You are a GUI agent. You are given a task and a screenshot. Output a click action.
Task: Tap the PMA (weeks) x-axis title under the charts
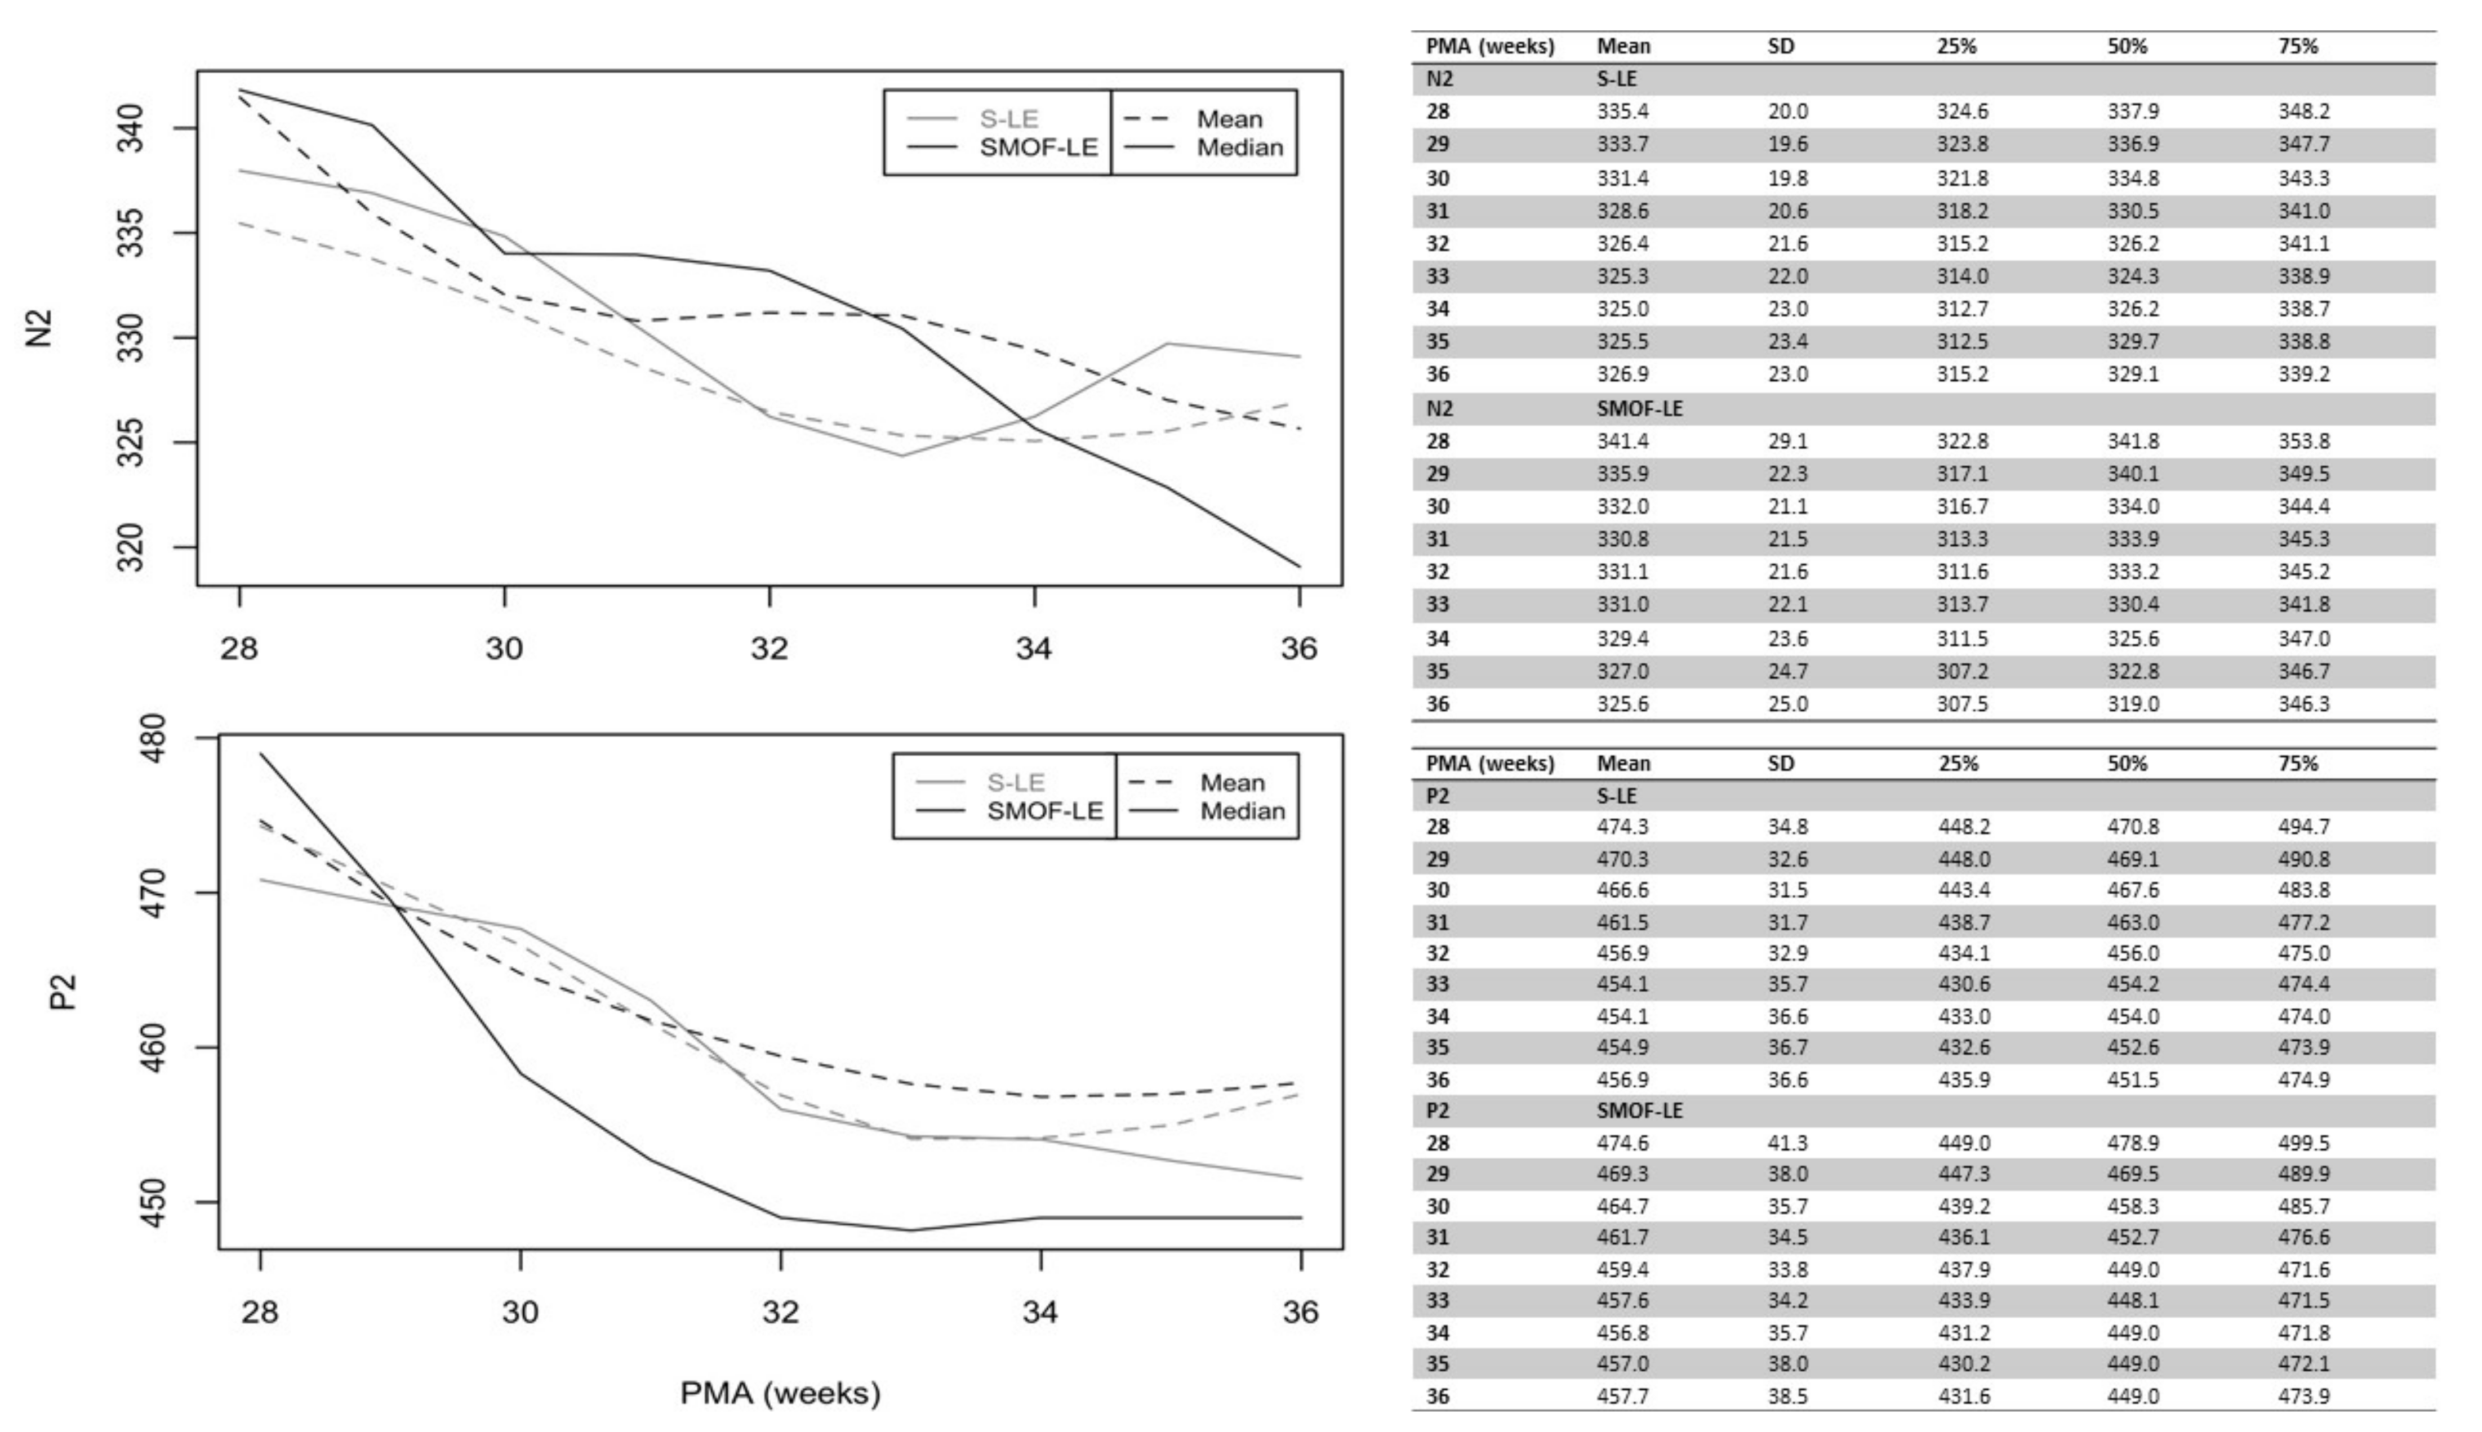780,1393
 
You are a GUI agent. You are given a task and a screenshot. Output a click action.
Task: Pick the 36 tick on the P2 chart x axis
1301,1312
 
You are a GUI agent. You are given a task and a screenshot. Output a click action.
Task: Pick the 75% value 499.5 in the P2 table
2304,1143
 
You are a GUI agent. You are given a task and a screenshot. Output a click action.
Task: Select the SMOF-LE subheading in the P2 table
1639,1110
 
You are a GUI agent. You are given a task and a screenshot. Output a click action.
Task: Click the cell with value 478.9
2133,1143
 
